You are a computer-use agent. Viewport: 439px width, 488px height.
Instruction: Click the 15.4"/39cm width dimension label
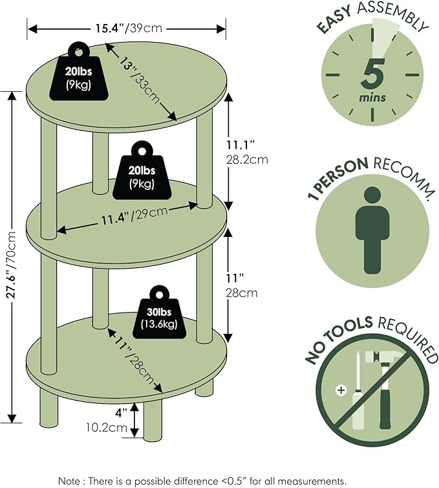click(129, 28)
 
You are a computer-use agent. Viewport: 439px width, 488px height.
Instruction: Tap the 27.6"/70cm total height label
click(12, 264)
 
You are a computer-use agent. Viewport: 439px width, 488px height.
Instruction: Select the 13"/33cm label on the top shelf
click(140, 81)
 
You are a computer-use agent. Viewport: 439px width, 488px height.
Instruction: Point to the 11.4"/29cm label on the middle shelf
click(134, 216)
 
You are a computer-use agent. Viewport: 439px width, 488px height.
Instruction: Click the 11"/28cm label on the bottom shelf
click(134, 360)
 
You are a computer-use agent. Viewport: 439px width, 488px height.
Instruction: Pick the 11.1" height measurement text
click(241, 145)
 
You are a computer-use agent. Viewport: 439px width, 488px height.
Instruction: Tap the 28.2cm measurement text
click(246, 160)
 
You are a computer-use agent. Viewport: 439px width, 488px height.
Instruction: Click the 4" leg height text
click(122, 413)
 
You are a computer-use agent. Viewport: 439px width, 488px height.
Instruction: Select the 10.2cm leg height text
click(107, 427)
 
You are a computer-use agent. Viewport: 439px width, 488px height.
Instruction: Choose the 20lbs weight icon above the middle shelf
click(142, 171)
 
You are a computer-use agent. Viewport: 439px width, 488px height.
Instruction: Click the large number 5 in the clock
click(373, 74)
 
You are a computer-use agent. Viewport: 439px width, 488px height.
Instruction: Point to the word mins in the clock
click(372, 98)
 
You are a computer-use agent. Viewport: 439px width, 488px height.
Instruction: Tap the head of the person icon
click(372, 195)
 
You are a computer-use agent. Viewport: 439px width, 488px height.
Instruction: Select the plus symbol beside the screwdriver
click(341, 390)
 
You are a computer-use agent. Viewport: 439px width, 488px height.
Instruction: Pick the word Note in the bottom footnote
click(70, 481)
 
